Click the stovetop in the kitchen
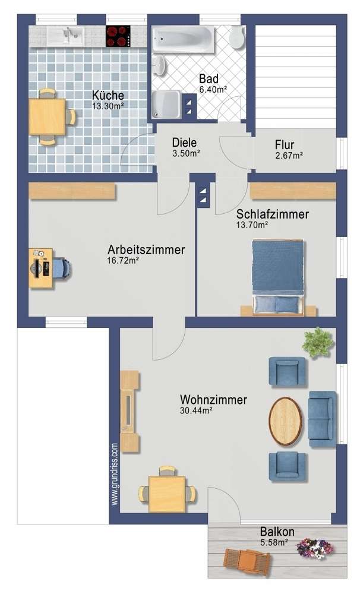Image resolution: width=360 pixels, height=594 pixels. (x=118, y=36)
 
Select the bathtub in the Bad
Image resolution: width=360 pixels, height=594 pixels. (x=181, y=39)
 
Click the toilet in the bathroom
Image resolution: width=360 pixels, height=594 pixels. (x=236, y=37)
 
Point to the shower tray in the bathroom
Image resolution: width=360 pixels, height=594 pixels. (x=169, y=105)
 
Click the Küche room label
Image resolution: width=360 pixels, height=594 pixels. (x=108, y=95)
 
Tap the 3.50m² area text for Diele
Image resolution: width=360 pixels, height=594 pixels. (x=185, y=153)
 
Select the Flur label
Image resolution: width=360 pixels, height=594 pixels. (x=289, y=144)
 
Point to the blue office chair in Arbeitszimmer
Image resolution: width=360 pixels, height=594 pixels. (x=62, y=268)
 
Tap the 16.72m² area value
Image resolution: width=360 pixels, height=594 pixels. (x=123, y=261)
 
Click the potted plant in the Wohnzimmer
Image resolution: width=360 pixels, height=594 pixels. (x=316, y=343)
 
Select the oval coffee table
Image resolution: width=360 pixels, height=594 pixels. (x=286, y=421)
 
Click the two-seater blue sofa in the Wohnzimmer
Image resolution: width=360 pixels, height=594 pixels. (x=322, y=419)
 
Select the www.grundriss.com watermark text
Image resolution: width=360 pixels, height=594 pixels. (x=115, y=473)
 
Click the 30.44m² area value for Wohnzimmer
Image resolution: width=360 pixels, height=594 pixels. (x=197, y=410)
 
